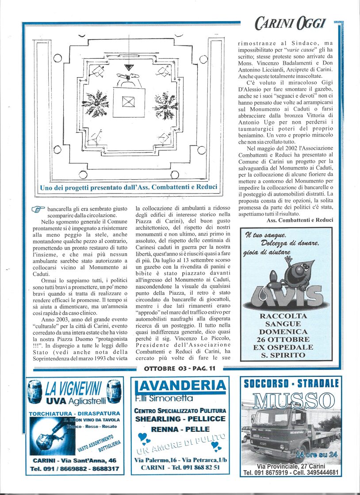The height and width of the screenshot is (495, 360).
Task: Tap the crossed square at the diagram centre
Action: pos(129,102)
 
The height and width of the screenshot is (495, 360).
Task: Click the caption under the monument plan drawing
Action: pos(128,187)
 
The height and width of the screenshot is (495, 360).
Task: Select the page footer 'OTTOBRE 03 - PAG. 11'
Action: pos(180,368)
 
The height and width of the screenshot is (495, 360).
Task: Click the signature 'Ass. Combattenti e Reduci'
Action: pos(300,220)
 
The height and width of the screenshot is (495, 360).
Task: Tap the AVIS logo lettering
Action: pos(287,296)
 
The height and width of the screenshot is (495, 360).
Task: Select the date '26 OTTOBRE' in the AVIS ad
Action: pos(290,339)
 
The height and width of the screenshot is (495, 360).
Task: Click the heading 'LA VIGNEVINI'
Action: pos(73,389)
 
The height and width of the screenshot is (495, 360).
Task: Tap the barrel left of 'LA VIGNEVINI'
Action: pos(35,392)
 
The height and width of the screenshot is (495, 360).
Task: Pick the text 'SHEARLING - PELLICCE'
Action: pos(180,419)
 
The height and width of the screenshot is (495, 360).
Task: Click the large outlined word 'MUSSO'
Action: pos(291,400)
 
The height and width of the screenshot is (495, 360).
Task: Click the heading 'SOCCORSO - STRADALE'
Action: pos(291,383)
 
